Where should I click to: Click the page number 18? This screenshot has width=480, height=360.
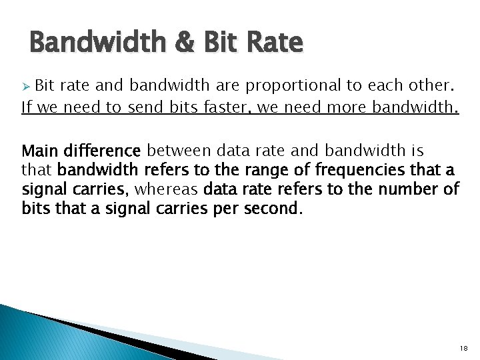[x=464, y=349]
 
